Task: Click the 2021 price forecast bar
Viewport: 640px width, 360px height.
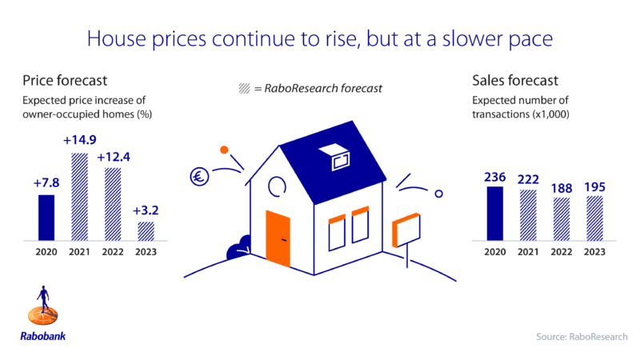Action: (x=79, y=197)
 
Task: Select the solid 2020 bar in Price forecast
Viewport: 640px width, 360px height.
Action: (x=46, y=218)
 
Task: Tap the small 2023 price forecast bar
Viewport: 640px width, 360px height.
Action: (x=146, y=231)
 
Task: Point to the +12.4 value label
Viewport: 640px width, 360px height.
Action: (x=114, y=157)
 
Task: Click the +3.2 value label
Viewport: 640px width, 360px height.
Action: (x=146, y=210)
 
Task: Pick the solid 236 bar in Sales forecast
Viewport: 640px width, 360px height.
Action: (x=494, y=214)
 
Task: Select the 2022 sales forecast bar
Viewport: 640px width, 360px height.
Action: (x=562, y=219)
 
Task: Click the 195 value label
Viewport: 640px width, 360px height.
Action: (x=594, y=187)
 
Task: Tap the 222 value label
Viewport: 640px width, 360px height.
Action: (x=528, y=179)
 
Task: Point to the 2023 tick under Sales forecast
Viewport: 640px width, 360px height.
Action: (x=594, y=252)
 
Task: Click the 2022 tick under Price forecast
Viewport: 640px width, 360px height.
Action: (x=113, y=252)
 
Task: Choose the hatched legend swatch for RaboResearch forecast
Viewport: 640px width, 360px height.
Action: (x=244, y=88)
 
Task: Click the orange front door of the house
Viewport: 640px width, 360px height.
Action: (x=278, y=238)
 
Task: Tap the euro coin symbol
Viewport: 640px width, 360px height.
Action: (x=199, y=177)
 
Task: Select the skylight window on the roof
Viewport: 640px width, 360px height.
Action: (x=334, y=157)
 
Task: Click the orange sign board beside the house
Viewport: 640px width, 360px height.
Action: (x=406, y=230)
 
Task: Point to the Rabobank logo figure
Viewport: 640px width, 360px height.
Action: (x=43, y=306)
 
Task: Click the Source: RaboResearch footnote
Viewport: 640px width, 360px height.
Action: (x=582, y=337)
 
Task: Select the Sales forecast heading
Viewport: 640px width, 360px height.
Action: (x=515, y=81)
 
